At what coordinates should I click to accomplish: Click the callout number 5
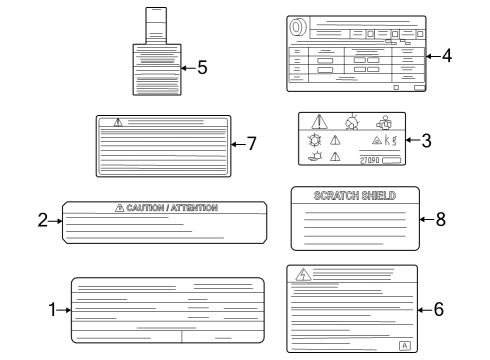(x=202, y=68)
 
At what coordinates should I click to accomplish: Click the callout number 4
(x=447, y=56)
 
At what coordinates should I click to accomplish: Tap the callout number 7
(x=252, y=144)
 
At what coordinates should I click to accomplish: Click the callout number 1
(x=52, y=310)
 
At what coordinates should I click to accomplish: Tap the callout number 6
(x=438, y=309)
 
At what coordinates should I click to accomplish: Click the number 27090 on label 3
(x=369, y=160)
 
